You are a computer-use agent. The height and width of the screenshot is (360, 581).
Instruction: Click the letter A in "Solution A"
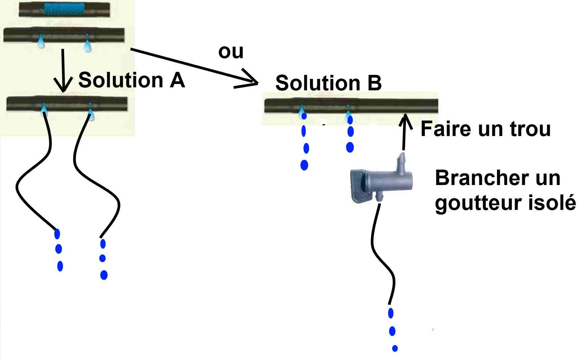[177, 81]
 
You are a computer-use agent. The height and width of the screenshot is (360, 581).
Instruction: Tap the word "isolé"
[551, 203]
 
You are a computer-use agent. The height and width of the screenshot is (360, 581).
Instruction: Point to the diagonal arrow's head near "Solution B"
[250, 81]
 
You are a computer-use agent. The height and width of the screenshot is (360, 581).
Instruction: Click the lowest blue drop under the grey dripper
[395, 348]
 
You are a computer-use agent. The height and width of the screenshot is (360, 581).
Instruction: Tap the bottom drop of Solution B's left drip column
[304, 165]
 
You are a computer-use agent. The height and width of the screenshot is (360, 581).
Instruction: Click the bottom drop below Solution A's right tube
[104, 275]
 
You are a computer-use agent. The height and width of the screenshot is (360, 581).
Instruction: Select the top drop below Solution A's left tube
[57, 234]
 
